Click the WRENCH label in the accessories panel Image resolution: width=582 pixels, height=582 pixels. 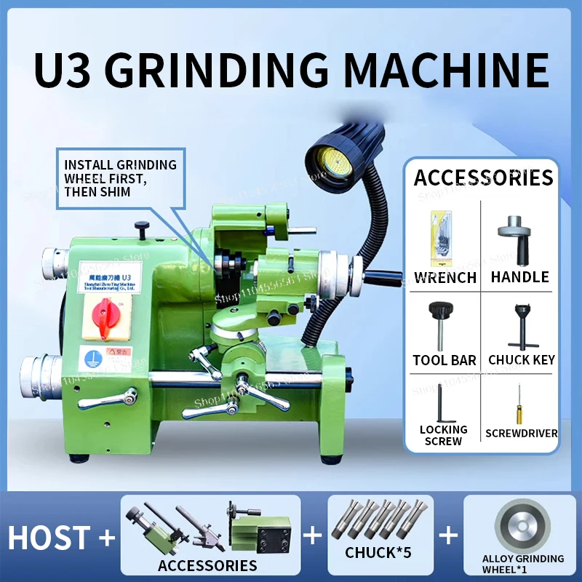click(x=445, y=277)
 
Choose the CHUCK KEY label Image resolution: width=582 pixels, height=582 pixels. click(x=522, y=359)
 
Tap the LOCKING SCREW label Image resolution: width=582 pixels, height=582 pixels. click(x=444, y=435)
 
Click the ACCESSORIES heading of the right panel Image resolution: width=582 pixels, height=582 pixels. click(x=483, y=178)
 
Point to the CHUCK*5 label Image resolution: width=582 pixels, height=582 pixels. click(x=378, y=553)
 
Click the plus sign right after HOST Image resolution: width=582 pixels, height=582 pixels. click(x=107, y=538)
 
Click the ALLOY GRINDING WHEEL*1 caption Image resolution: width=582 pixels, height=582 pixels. click(x=523, y=563)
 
